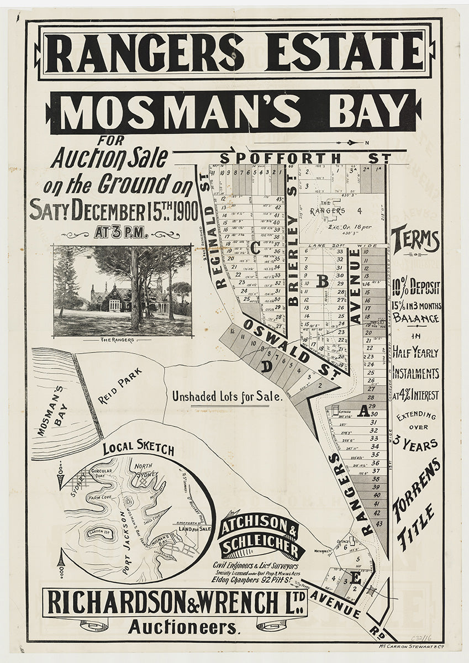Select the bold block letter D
[266, 366]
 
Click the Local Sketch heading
[138, 448]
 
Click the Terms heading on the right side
[415, 240]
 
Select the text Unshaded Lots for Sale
[227, 396]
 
